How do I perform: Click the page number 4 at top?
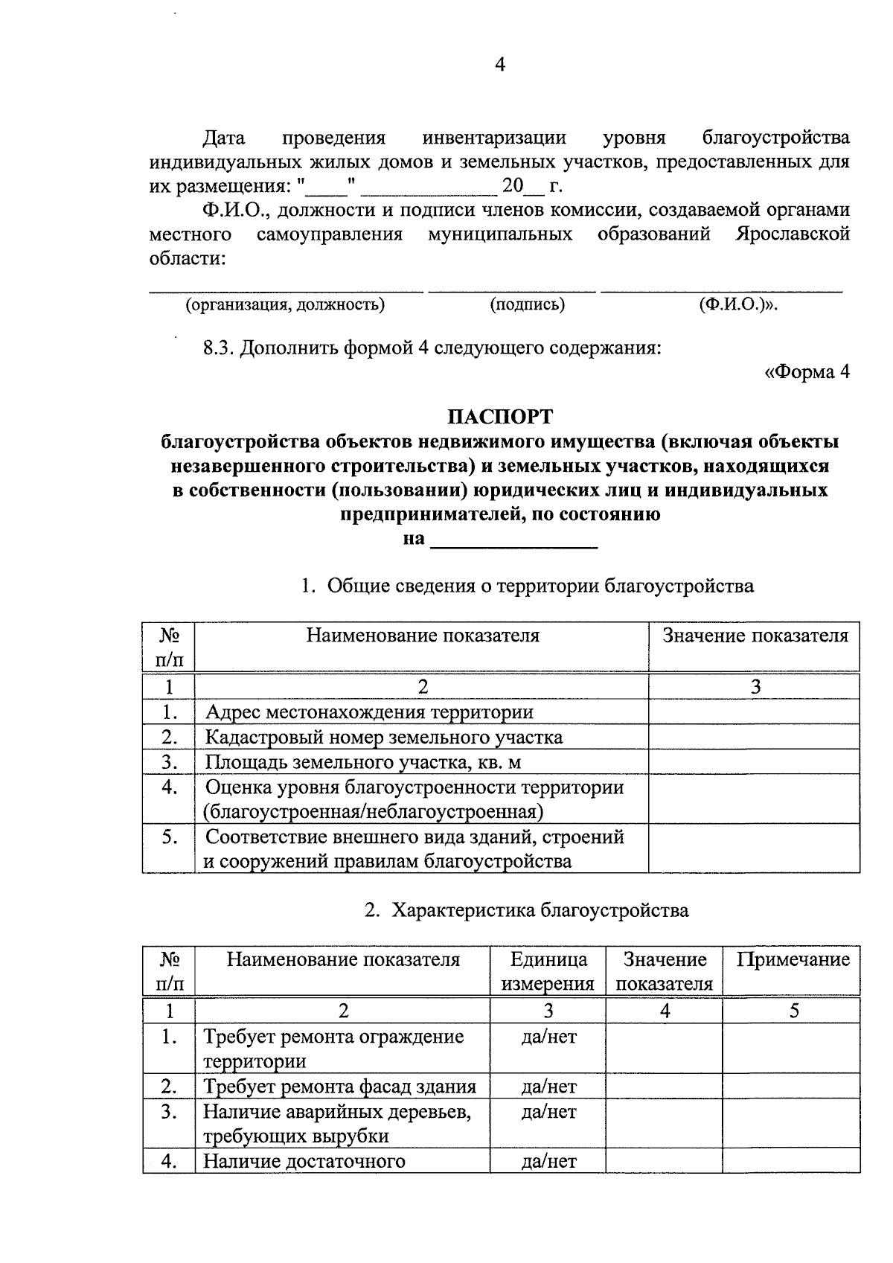[x=500, y=65]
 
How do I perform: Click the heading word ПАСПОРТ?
[x=499, y=415]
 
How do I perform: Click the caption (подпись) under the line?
[x=527, y=304]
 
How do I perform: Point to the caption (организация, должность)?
[x=285, y=304]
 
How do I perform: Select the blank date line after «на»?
[x=514, y=540]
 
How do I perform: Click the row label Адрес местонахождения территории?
[x=369, y=712]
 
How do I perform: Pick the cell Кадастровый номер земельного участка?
[x=383, y=738]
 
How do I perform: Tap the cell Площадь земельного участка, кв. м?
[x=357, y=762]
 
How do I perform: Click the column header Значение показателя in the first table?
[x=755, y=636]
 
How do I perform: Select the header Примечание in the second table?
[x=793, y=959]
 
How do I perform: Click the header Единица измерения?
[x=548, y=971]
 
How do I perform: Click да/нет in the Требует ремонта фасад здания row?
[x=548, y=1087]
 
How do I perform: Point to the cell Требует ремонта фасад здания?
[x=340, y=1087]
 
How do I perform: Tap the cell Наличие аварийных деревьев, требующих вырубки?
[x=337, y=1124]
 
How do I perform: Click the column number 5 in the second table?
[x=794, y=1011]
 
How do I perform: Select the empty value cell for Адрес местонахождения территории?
[x=754, y=712]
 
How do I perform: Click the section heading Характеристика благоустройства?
[x=540, y=910]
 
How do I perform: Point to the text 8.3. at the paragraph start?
[x=220, y=348]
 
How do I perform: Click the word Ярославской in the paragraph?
[x=793, y=234]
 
